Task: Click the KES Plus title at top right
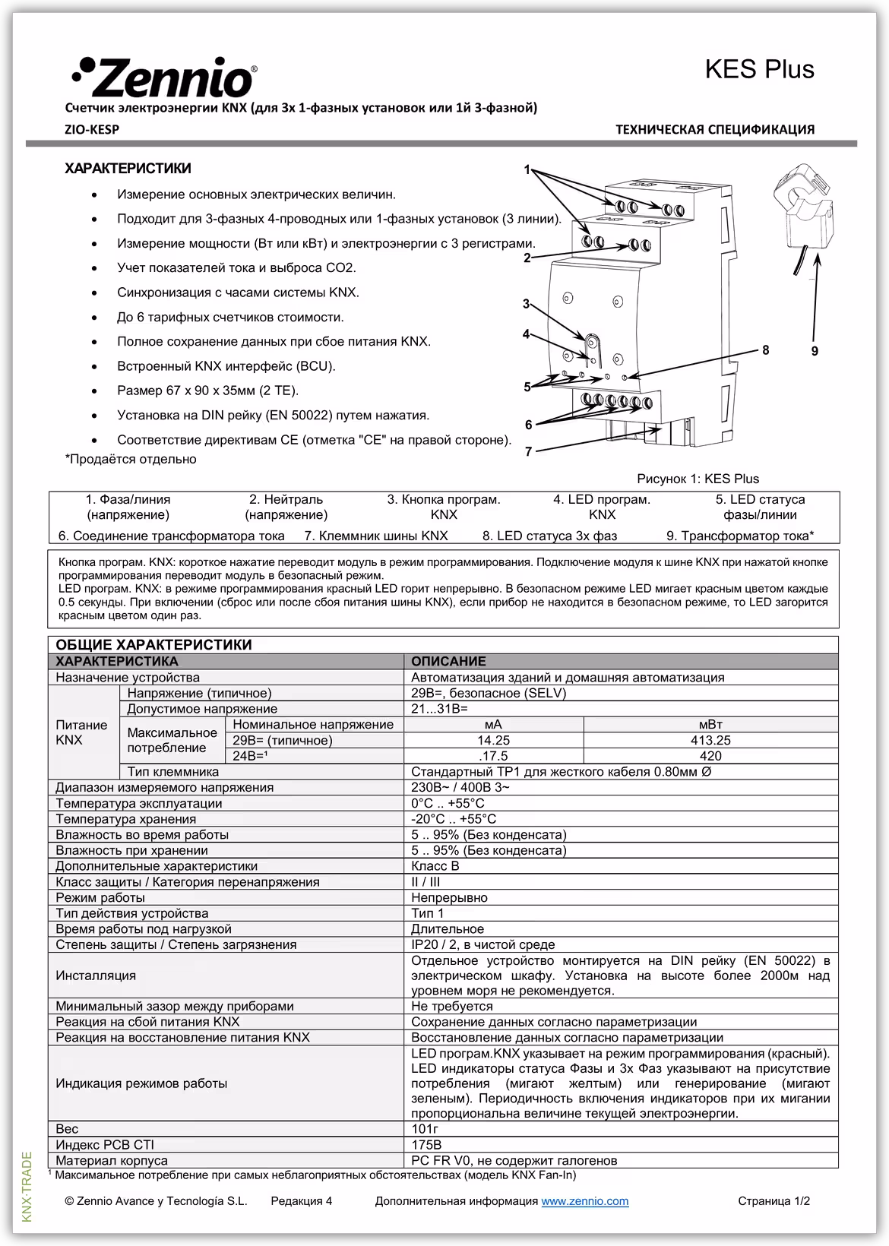click(x=759, y=69)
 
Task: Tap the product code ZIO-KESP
click(x=92, y=129)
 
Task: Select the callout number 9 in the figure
click(x=815, y=351)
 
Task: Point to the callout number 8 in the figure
click(x=766, y=349)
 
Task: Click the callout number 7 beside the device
click(x=529, y=452)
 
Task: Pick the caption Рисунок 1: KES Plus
click(x=698, y=479)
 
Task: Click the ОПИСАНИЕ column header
click(x=448, y=661)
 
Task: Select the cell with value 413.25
click(x=710, y=740)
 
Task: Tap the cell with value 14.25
click(x=493, y=740)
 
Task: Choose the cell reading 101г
click(x=426, y=1129)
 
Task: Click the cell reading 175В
click(x=426, y=1145)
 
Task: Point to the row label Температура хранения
click(x=125, y=819)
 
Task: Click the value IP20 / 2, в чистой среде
click(x=482, y=944)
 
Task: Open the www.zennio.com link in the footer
click(x=584, y=1201)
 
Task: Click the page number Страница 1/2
click(x=774, y=1201)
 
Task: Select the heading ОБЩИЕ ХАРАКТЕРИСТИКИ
click(x=153, y=645)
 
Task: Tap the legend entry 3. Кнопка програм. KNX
click(x=444, y=507)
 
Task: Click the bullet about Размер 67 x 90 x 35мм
click(x=207, y=391)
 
